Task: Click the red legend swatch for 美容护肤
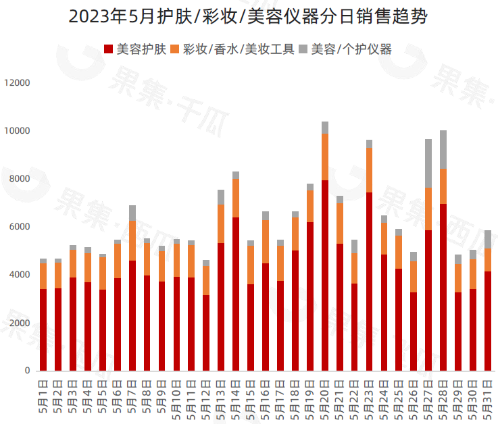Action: point(109,49)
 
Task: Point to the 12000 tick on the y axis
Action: point(17,82)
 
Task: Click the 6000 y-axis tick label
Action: point(20,227)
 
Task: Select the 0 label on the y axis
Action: point(28,371)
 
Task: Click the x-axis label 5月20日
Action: point(325,399)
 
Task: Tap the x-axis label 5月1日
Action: point(43,399)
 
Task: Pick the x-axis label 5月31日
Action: point(488,399)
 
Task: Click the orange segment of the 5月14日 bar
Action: point(236,198)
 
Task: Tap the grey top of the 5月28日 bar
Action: point(443,149)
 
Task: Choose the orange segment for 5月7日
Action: point(132,240)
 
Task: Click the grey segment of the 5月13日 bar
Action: point(221,197)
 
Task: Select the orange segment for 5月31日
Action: point(488,260)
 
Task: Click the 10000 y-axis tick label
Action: point(17,130)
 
